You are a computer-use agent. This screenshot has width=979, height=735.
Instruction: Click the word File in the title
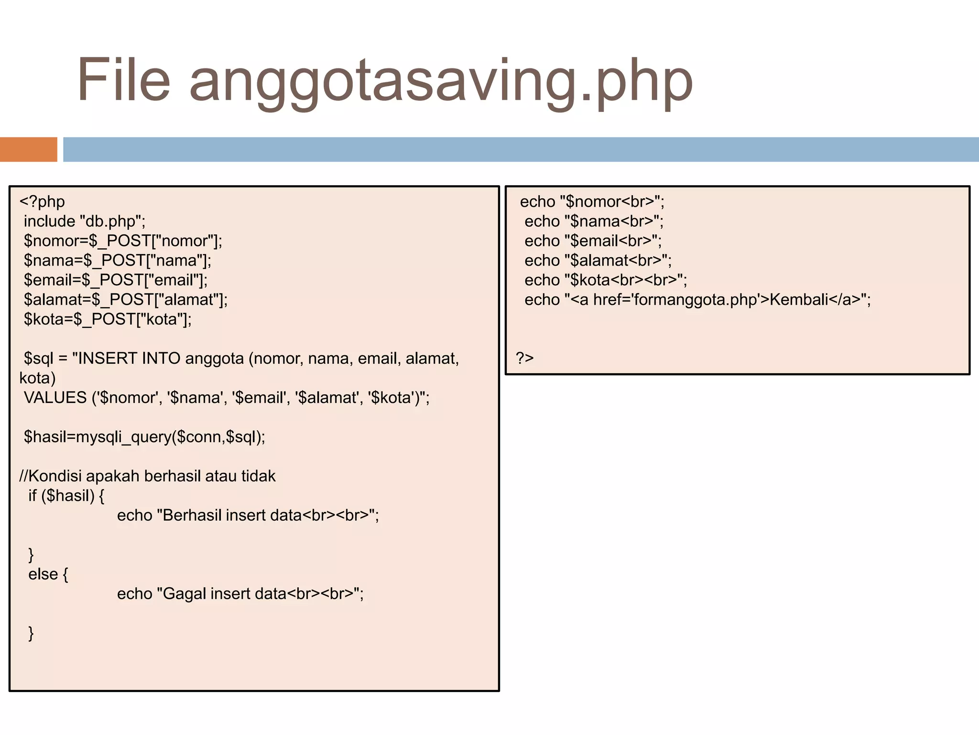click(x=123, y=80)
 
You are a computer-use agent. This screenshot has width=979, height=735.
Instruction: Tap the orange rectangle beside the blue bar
click(x=28, y=149)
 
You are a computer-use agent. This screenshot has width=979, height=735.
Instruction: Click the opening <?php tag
click(x=42, y=201)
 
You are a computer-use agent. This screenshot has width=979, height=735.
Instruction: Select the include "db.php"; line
click(x=85, y=221)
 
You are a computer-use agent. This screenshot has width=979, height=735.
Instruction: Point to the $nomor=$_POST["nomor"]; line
click(x=123, y=241)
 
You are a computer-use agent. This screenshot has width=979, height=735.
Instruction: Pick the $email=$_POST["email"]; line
click(x=116, y=280)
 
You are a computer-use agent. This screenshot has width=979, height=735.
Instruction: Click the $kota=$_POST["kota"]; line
click(x=108, y=319)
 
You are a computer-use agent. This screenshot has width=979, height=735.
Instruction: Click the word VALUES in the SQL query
click(x=55, y=398)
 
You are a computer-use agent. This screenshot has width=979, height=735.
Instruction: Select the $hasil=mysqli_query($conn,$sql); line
click(x=144, y=437)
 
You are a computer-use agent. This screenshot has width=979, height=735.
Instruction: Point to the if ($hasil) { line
click(x=66, y=496)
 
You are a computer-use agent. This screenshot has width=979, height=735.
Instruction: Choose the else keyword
click(x=43, y=574)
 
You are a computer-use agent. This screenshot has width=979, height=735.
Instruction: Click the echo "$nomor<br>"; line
click(x=592, y=201)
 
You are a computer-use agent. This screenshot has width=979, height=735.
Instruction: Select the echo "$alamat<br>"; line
click(x=598, y=260)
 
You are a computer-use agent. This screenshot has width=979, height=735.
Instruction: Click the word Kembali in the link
click(x=799, y=300)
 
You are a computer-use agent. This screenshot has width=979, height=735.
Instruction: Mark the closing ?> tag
click(x=524, y=358)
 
